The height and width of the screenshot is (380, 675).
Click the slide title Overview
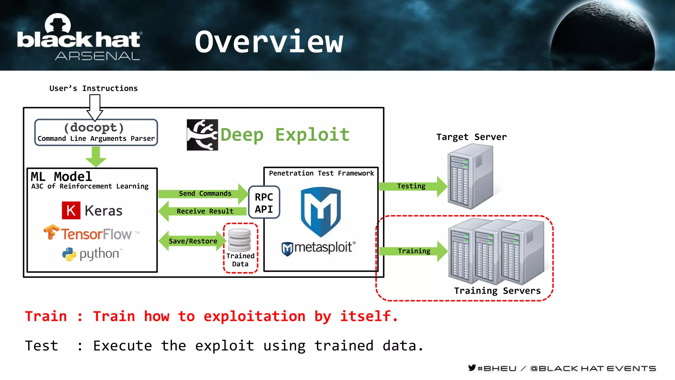pos(269,42)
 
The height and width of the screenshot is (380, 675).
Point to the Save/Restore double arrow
pos(192,241)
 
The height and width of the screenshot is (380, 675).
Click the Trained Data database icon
pos(240,240)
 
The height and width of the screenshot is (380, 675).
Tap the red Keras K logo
pos(71,210)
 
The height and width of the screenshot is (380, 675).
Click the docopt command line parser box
pos(96,132)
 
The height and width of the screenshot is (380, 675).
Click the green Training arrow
pos(413,251)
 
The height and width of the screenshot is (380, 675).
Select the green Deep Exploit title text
pos(285,135)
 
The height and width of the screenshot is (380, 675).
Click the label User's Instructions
pos(94,88)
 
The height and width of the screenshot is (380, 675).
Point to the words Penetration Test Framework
pos(321,173)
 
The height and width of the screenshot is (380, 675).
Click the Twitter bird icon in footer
pos(472,368)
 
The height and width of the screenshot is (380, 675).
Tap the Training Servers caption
pos(497,291)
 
